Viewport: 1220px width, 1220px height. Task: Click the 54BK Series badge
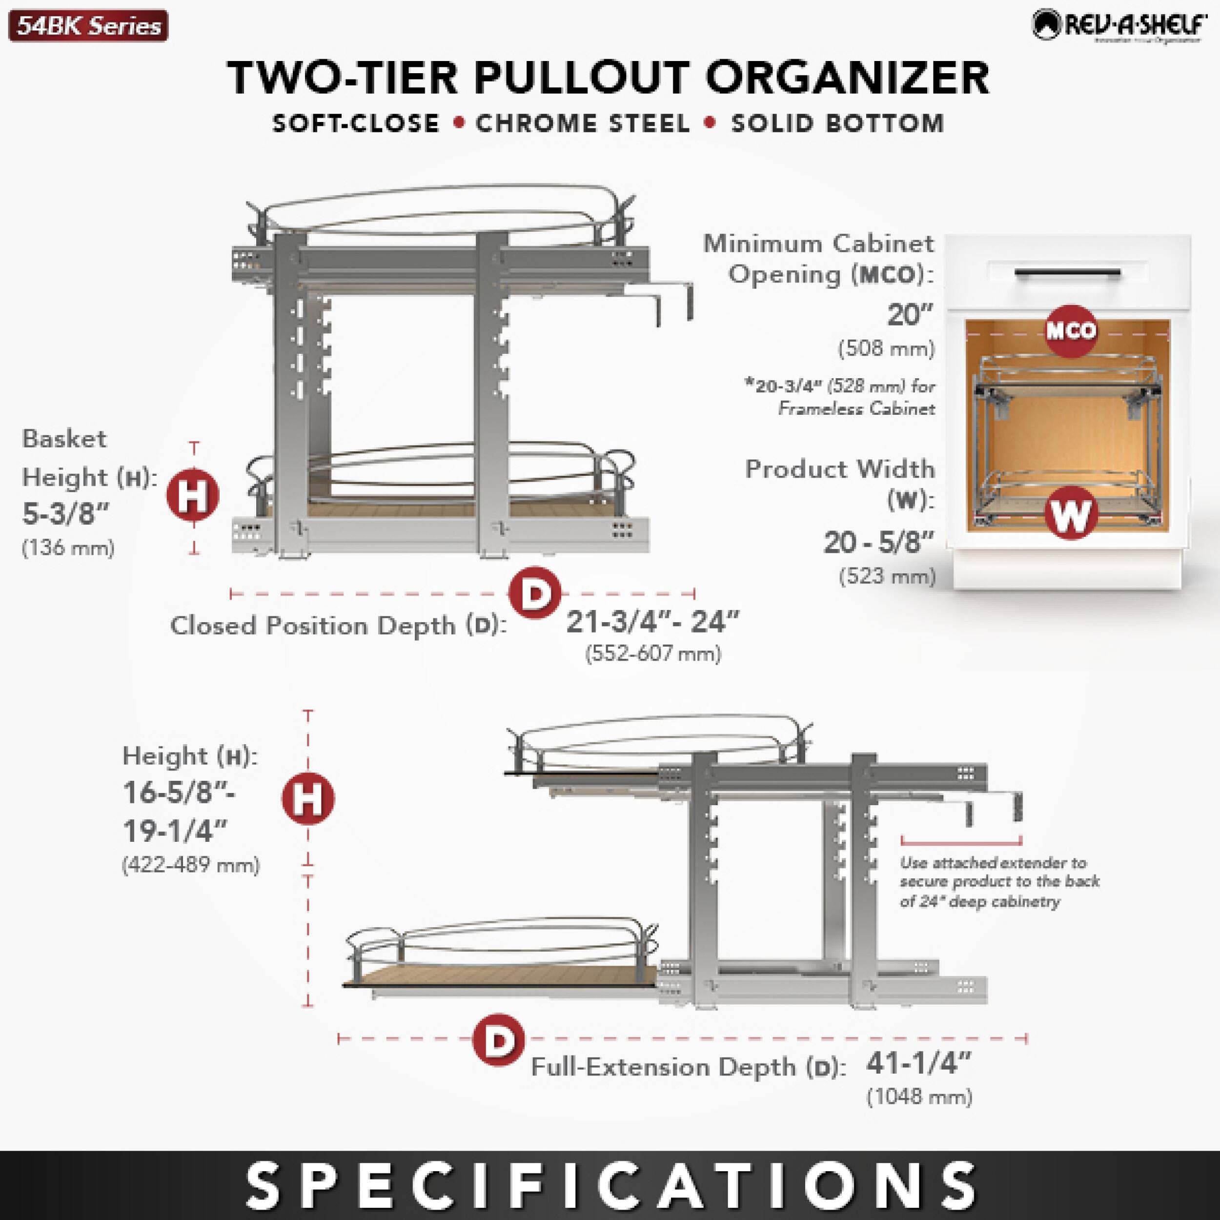[x=88, y=26]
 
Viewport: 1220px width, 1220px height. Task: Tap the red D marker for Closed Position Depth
[x=535, y=593]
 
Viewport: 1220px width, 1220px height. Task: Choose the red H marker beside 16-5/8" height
[x=308, y=799]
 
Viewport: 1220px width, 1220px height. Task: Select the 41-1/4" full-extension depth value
[x=917, y=1063]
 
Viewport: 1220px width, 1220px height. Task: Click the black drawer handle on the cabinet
[x=1067, y=273]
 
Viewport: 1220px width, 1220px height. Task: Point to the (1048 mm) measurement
[x=919, y=1098]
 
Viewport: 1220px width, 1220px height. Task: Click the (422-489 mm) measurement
[x=191, y=864]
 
